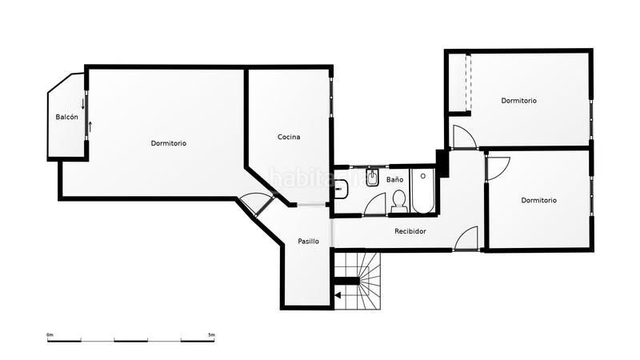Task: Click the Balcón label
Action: pyautogui.click(x=67, y=117)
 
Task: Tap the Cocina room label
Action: pyautogui.click(x=289, y=137)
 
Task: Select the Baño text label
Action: pyautogui.click(x=394, y=180)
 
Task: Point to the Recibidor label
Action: pyautogui.click(x=410, y=231)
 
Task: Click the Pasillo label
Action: pyautogui.click(x=309, y=241)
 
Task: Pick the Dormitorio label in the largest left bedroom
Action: pyautogui.click(x=169, y=143)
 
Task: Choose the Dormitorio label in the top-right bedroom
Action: pyautogui.click(x=518, y=101)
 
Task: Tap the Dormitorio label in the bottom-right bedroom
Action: pyautogui.click(x=538, y=200)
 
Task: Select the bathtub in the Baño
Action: pyautogui.click(x=422, y=191)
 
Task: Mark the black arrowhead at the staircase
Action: pyautogui.click(x=338, y=295)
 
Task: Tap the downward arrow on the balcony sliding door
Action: pyautogui.click(x=82, y=104)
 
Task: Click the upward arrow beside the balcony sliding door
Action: pyautogui.click(x=90, y=126)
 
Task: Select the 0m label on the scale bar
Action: pyautogui.click(x=50, y=334)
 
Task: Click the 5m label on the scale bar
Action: pyautogui.click(x=210, y=334)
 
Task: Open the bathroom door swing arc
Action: pyautogui.click(x=374, y=204)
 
